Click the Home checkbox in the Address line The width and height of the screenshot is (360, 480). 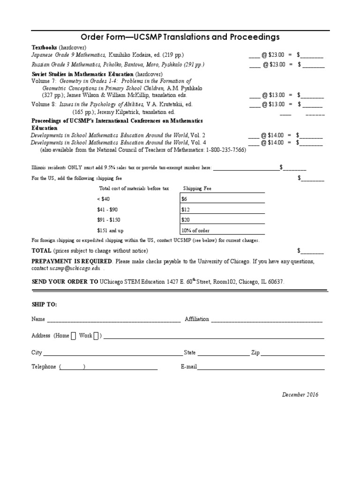click(73, 336)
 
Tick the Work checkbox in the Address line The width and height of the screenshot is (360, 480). click(96, 336)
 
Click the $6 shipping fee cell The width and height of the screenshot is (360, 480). click(222, 199)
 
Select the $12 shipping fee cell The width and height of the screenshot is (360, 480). click(222, 209)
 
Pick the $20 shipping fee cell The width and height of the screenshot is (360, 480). click(222, 219)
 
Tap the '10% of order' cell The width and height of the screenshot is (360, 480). click(222, 230)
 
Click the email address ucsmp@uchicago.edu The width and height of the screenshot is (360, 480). click(75, 269)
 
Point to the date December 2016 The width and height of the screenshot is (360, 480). click(300, 395)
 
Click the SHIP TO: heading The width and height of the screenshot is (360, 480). click(44, 304)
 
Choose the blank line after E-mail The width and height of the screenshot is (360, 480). click(261, 369)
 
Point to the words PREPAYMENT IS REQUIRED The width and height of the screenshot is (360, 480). click(72, 261)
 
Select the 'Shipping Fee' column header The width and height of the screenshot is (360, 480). click(197, 188)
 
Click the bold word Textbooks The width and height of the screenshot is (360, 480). click(44, 47)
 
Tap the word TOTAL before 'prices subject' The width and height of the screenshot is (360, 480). click(41, 250)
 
